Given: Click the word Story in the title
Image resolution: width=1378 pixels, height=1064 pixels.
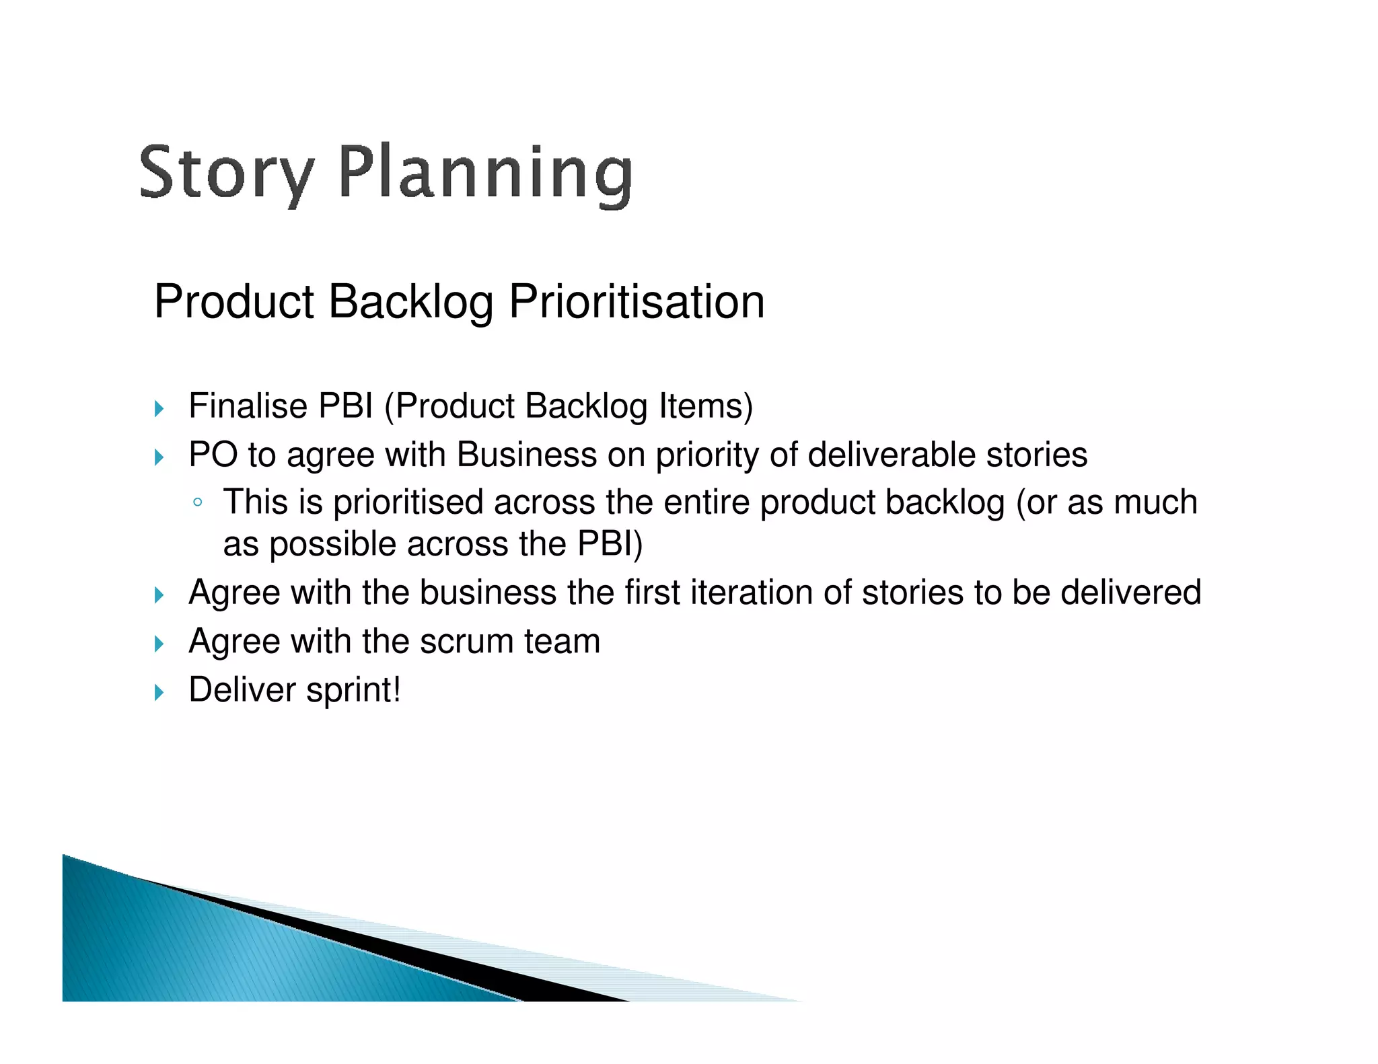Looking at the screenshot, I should [226, 173].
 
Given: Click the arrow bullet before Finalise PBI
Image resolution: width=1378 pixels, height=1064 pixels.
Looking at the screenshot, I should [159, 408].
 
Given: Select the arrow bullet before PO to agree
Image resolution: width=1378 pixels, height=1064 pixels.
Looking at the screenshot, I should [159, 457].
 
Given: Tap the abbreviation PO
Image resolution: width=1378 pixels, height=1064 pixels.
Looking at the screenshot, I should [212, 455].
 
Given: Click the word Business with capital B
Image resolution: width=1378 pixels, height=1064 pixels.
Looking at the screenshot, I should [526, 455].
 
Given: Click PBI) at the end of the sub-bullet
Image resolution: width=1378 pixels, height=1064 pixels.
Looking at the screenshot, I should [610, 544].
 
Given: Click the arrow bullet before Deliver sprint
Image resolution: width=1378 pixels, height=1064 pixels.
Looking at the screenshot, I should [159, 692].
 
